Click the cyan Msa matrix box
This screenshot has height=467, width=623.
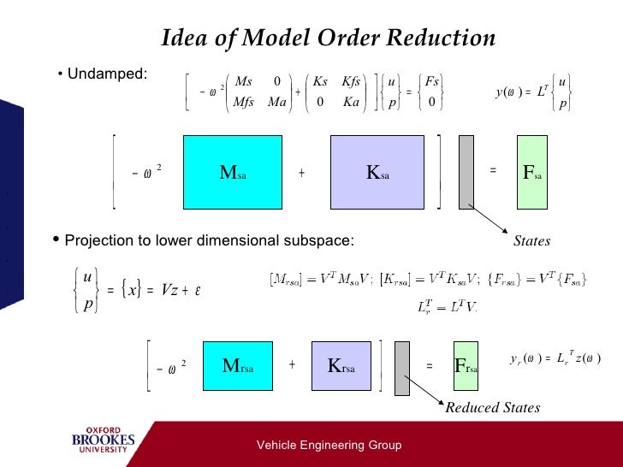pos(234,171)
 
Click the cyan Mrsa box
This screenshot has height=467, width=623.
pos(237,366)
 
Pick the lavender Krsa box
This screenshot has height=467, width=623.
pos(346,366)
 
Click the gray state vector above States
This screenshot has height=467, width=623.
pos(466,171)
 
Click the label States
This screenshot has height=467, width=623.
pos(531,242)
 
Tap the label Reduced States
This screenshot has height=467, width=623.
pos(492,408)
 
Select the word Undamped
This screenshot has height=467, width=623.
pos(107,74)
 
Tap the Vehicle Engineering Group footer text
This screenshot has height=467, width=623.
pos(329,446)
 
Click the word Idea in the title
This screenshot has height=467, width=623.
pos(182,38)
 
